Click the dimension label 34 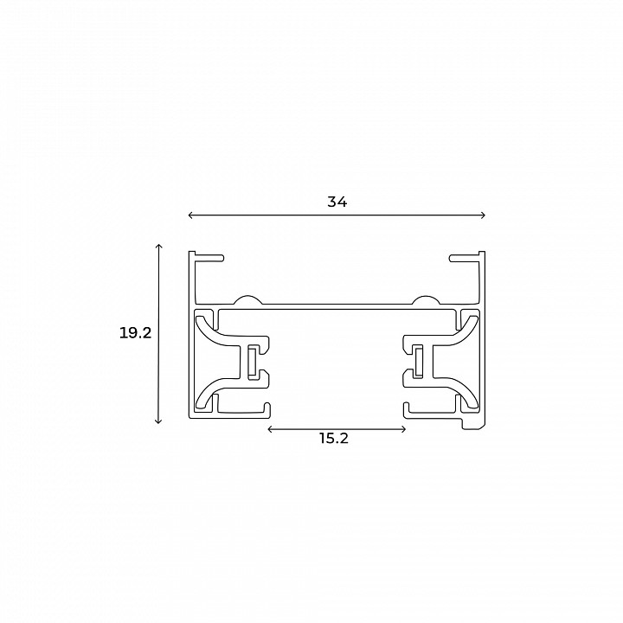point(337,202)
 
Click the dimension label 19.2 point(136,333)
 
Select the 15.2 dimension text point(334,438)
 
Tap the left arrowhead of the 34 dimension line point(190,215)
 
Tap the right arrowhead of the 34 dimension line point(483,215)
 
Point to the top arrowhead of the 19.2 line point(159,246)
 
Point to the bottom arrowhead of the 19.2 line point(159,421)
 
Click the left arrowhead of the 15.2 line point(271,429)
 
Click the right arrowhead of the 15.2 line point(403,429)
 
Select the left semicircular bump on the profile point(247,301)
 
